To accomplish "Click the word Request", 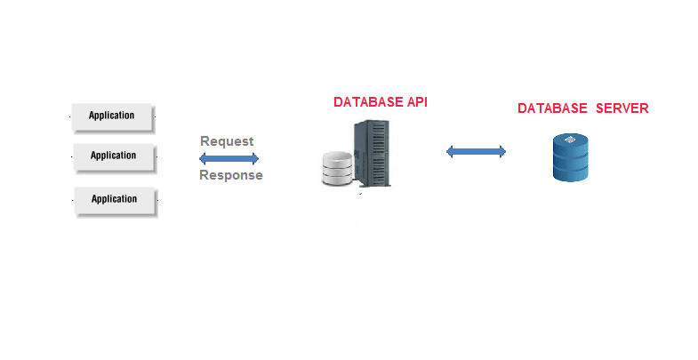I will click(x=227, y=141).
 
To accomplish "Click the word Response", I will click(x=230, y=175).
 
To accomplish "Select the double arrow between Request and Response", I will click(x=229, y=158).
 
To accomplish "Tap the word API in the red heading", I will click(x=414, y=102).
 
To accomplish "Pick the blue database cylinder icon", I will click(x=571, y=156).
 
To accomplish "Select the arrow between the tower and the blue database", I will click(x=476, y=152).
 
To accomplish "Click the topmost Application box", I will click(x=112, y=116).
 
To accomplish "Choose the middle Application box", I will click(x=113, y=156).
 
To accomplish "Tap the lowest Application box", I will click(x=114, y=199).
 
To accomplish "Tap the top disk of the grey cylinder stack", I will click(x=338, y=157).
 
